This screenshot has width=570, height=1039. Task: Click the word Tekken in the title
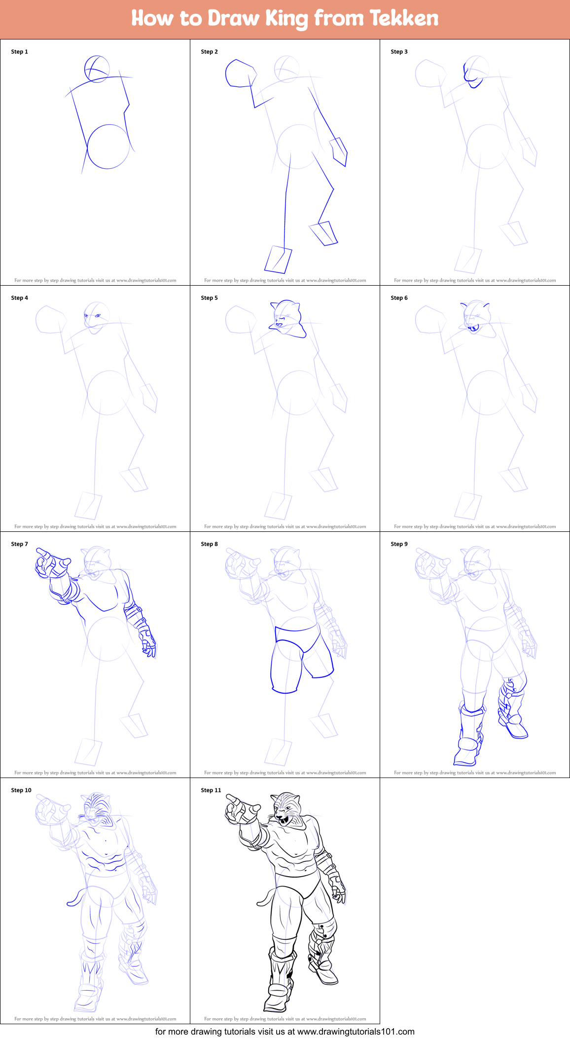404,18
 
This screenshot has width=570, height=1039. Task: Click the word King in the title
287,19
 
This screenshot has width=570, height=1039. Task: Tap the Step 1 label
20,52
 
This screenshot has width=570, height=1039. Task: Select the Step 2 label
210,52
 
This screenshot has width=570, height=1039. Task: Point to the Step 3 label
399,52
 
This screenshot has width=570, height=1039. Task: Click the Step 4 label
20,298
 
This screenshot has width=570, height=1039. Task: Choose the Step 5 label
210,298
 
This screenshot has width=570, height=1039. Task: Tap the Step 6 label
399,298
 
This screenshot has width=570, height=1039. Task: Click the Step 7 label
20,544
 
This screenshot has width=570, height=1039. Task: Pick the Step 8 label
210,544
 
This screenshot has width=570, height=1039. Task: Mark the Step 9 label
399,544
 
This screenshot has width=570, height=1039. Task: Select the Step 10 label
21,790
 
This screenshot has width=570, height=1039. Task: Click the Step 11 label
211,790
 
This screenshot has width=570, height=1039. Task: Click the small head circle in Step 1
97,69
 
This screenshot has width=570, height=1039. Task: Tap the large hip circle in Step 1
108,147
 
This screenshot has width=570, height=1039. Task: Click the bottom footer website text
285,1032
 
